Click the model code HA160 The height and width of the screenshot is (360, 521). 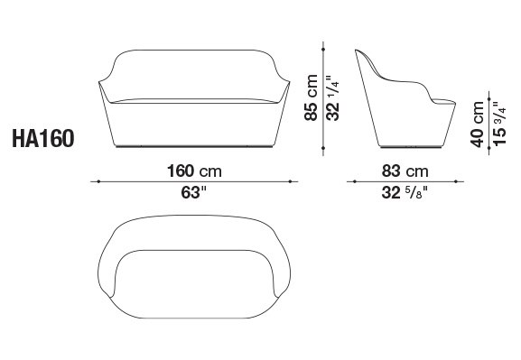(43, 138)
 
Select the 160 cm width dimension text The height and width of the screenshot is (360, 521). (194, 171)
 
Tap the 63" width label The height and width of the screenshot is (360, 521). (194, 192)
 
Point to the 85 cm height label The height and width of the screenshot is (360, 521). (311, 97)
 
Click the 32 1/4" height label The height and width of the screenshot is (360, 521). (333, 98)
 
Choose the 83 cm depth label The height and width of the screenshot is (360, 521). (405, 171)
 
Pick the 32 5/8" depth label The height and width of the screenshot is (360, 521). (405, 192)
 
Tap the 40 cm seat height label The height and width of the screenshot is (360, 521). (477, 124)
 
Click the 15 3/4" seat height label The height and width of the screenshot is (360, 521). (499, 124)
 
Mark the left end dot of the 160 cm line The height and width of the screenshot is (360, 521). (98, 181)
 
